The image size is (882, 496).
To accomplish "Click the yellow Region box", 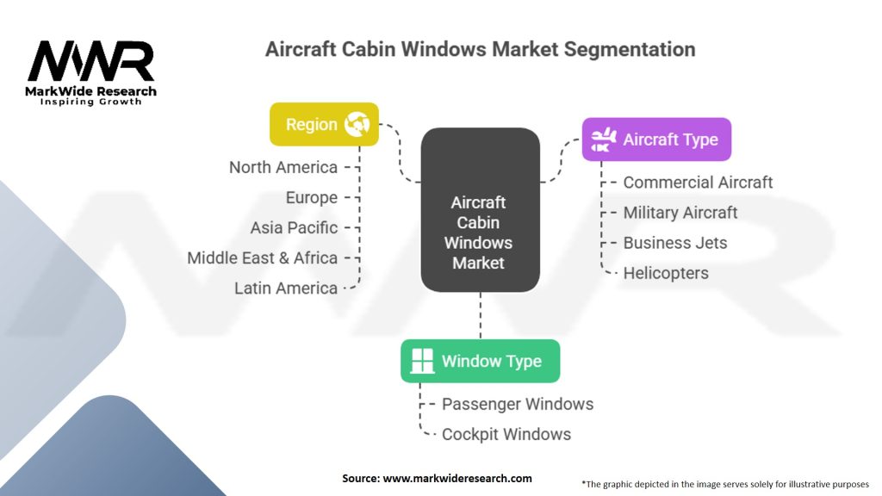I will click(x=324, y=124).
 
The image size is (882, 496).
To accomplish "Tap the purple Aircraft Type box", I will click(x=656, y=139).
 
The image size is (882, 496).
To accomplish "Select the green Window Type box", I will click(x=480, y=361).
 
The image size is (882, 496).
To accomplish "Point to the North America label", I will click(x=283, y=167).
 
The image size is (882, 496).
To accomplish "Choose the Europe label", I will click(x=311, y=197).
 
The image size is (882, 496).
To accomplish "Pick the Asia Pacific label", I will click(x=294, y=228).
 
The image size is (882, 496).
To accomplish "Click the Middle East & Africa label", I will click(x=262, y=257).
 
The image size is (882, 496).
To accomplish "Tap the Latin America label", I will click(x=286, y=288).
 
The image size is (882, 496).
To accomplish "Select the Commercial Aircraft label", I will click(x=698, y=183).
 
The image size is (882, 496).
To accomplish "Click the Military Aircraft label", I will click(x=680, y=213).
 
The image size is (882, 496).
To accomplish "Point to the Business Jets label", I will click(x=674, y=243).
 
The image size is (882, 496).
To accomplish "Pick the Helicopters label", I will click(x=666, y=273).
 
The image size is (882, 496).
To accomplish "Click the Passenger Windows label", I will click(x=518, y=404).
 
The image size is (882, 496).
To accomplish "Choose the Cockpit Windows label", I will click(x=506, y=434).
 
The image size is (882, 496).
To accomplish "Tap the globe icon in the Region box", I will click(x=357, y=124).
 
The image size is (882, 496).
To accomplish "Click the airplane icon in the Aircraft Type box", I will click(x=602, y=139).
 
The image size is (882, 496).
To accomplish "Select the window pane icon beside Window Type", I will click(x=423, y=361).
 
